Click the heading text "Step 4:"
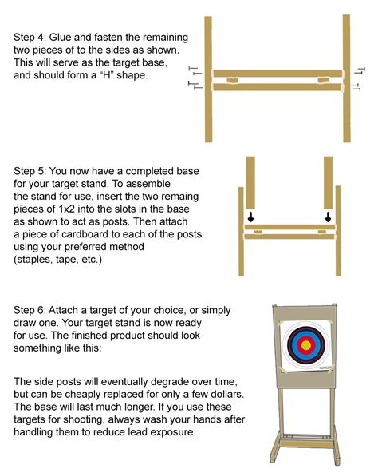click(32, 37)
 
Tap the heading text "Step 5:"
click(32, 172)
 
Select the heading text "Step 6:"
click(32, 309)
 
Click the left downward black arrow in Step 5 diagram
click(250, 217)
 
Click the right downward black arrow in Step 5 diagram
click(328, 217)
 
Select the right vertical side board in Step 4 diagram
click(347, 80)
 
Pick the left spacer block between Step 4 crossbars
click(231, 80)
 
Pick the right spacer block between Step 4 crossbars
click(327, 80)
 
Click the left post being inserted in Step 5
click(250, 181)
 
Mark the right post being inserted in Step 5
click(328, 181)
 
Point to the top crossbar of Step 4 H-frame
click(278, 74)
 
